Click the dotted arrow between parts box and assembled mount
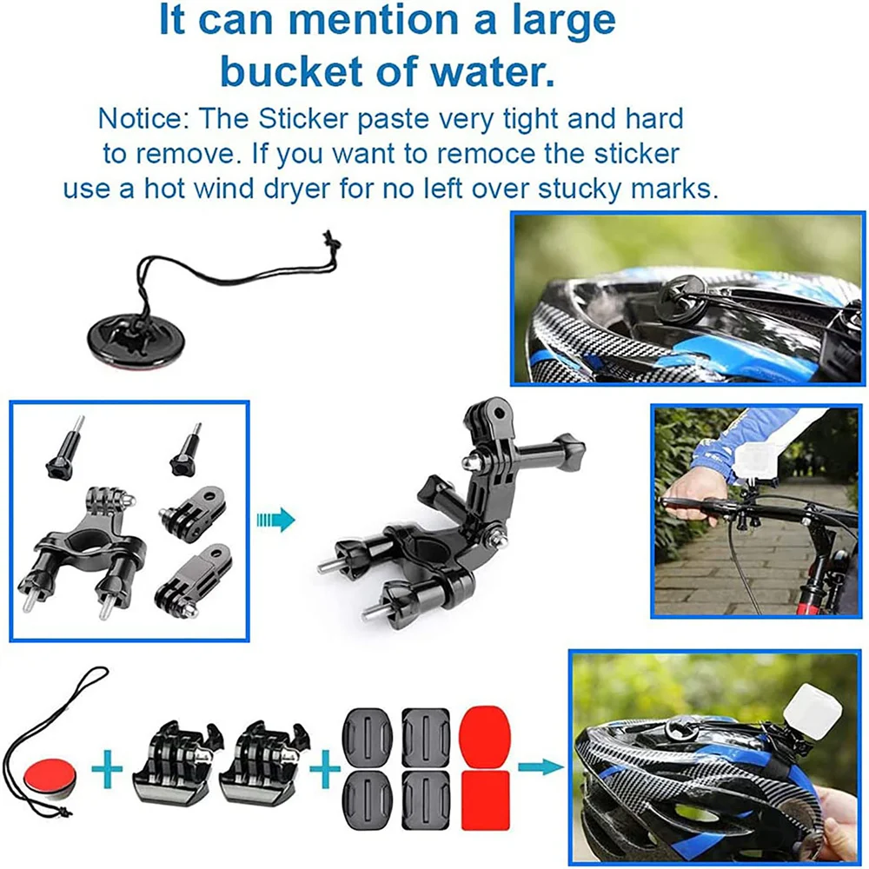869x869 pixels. point(275,521)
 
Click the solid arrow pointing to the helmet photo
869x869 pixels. point(539,767)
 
